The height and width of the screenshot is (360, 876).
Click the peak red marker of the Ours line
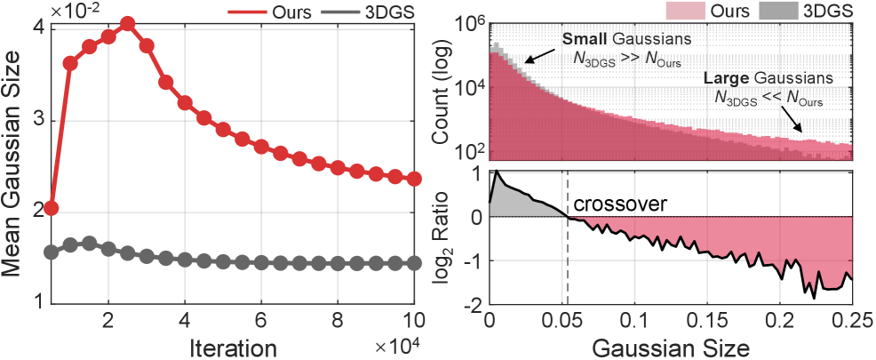[127, 24]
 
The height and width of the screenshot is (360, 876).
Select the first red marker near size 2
[51, 208]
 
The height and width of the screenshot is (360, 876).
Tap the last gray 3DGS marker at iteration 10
[414, 263]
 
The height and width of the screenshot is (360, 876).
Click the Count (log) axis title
[441, 93]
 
